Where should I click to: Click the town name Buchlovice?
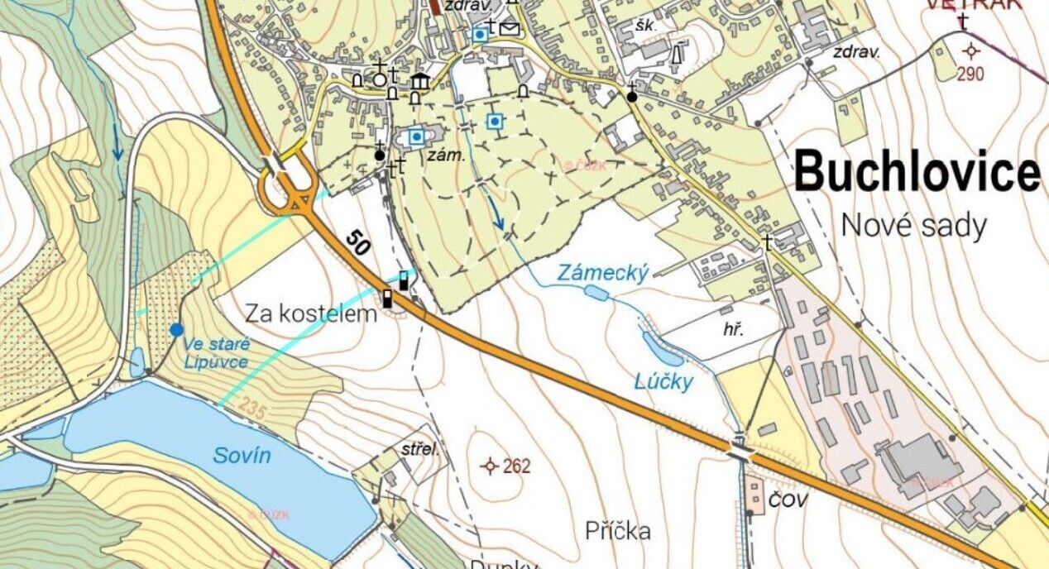click(x=917, y=173)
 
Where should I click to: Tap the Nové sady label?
click(x=913, y=225)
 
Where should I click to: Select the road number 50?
click(x=357, y=242)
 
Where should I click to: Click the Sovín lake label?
click(x=242, y=455)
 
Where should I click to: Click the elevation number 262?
click(x=516, y=466)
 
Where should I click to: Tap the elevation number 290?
click(x=971, y=74)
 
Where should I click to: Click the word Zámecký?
click(x=601, y=273)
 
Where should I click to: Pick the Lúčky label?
click(x=663, y=382)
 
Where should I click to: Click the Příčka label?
click(x=617, y=530)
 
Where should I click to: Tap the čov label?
click(x=788, y=500)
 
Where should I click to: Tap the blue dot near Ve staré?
click(x=176, y=330)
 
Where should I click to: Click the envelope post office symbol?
click(x=511, y=30)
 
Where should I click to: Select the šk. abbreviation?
click(x=645, y=26)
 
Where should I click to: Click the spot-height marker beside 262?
click(x=491, y=466)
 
